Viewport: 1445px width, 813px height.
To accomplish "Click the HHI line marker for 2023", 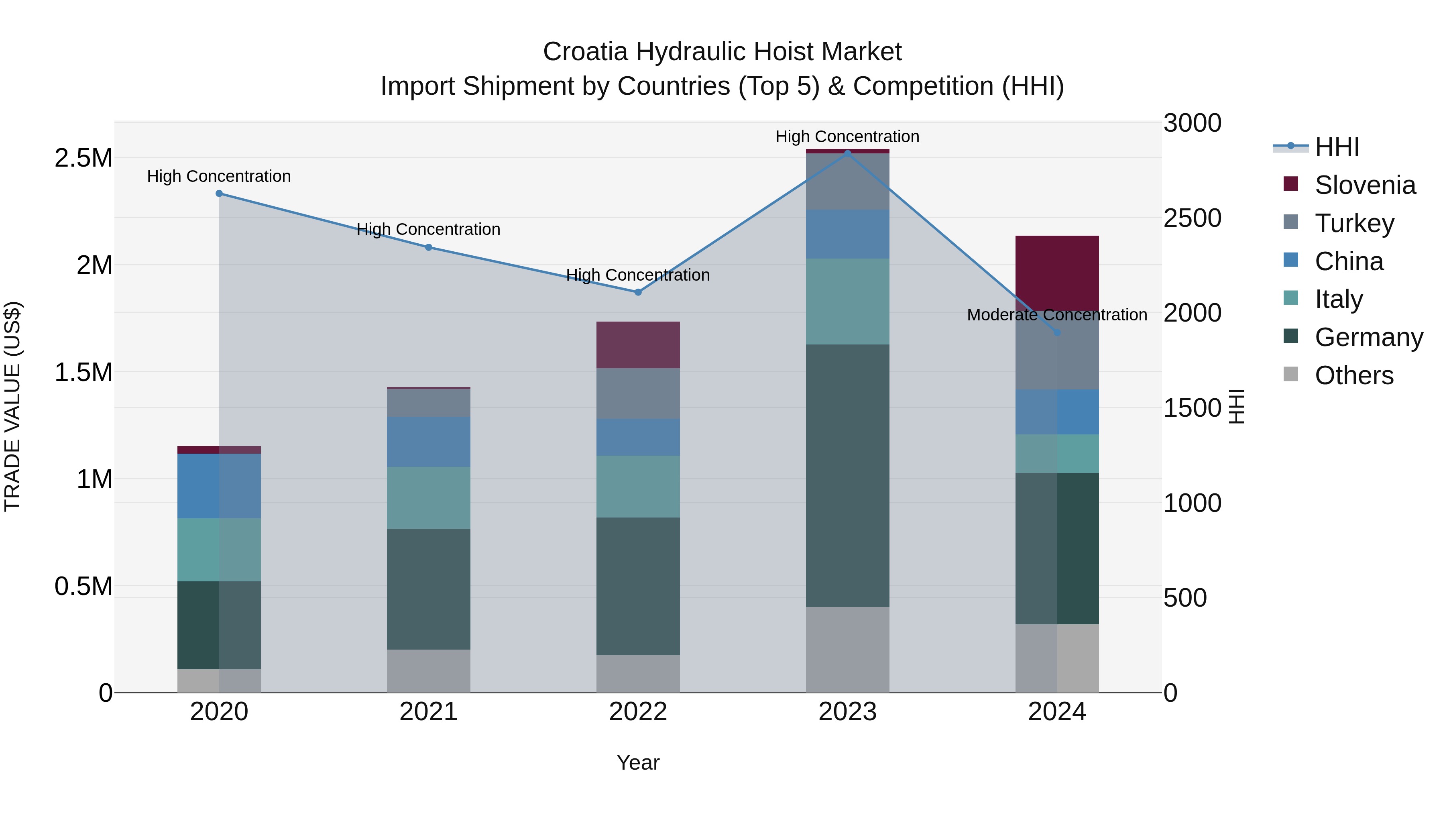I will (x=847, y=152).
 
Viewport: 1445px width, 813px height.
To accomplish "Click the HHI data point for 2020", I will (x=219, y=194).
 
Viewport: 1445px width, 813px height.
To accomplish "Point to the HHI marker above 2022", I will (x=638, y=292).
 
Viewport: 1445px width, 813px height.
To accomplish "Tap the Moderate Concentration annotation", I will (x=1057, y=315).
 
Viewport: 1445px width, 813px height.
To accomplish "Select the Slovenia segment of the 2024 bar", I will (x=1057, y=273).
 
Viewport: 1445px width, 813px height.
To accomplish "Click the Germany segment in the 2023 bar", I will (x=847, y=475).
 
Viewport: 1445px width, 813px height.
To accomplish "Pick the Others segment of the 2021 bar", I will (x=429, y=670).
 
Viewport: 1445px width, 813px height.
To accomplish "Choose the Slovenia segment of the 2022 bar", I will (x=638, y=344).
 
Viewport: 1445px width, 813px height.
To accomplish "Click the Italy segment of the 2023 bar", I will (x=847, y=301).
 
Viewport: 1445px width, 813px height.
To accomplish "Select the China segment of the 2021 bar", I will (x=429, y=442).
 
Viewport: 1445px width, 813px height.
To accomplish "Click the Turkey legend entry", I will (x=1353, y=223).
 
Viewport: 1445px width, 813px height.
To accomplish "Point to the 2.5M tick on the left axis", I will (x=83, y=158).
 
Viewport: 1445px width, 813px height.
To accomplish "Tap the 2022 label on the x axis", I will (x=638, y=712).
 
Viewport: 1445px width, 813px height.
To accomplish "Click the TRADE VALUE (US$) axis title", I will (x=12, y=406).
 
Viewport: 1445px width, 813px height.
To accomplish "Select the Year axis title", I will (x=638, y=762).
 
